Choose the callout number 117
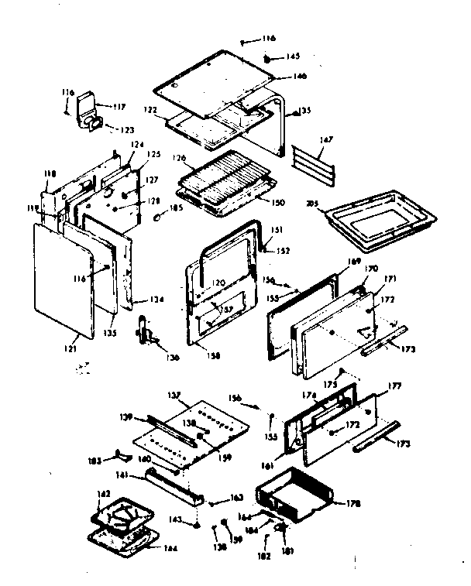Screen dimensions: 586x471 (119, 108)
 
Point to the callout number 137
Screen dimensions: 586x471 (174, 395)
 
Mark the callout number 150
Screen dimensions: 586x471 (278, 202)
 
